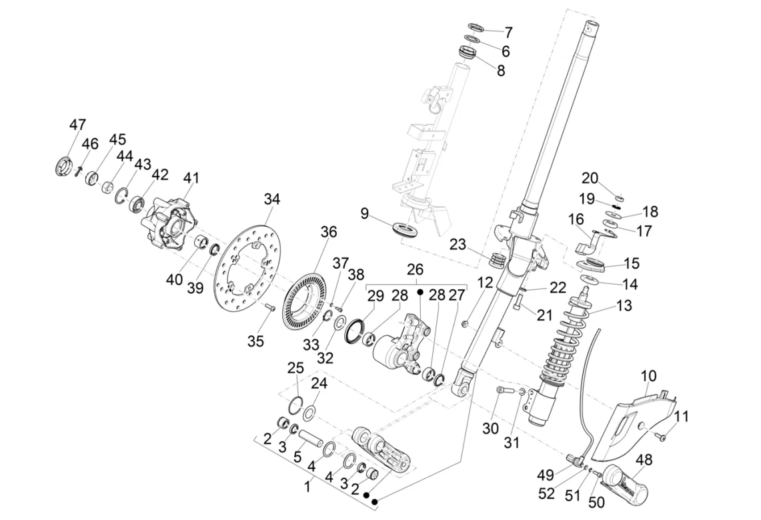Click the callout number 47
pos(78,125)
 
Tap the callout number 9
pos(365,214)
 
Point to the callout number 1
pos(307,487)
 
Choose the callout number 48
pos(644,460)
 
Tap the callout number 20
pos(590,178)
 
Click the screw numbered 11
pos(661,436)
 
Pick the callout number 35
pos(256,341)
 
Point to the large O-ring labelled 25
pos(297,403)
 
